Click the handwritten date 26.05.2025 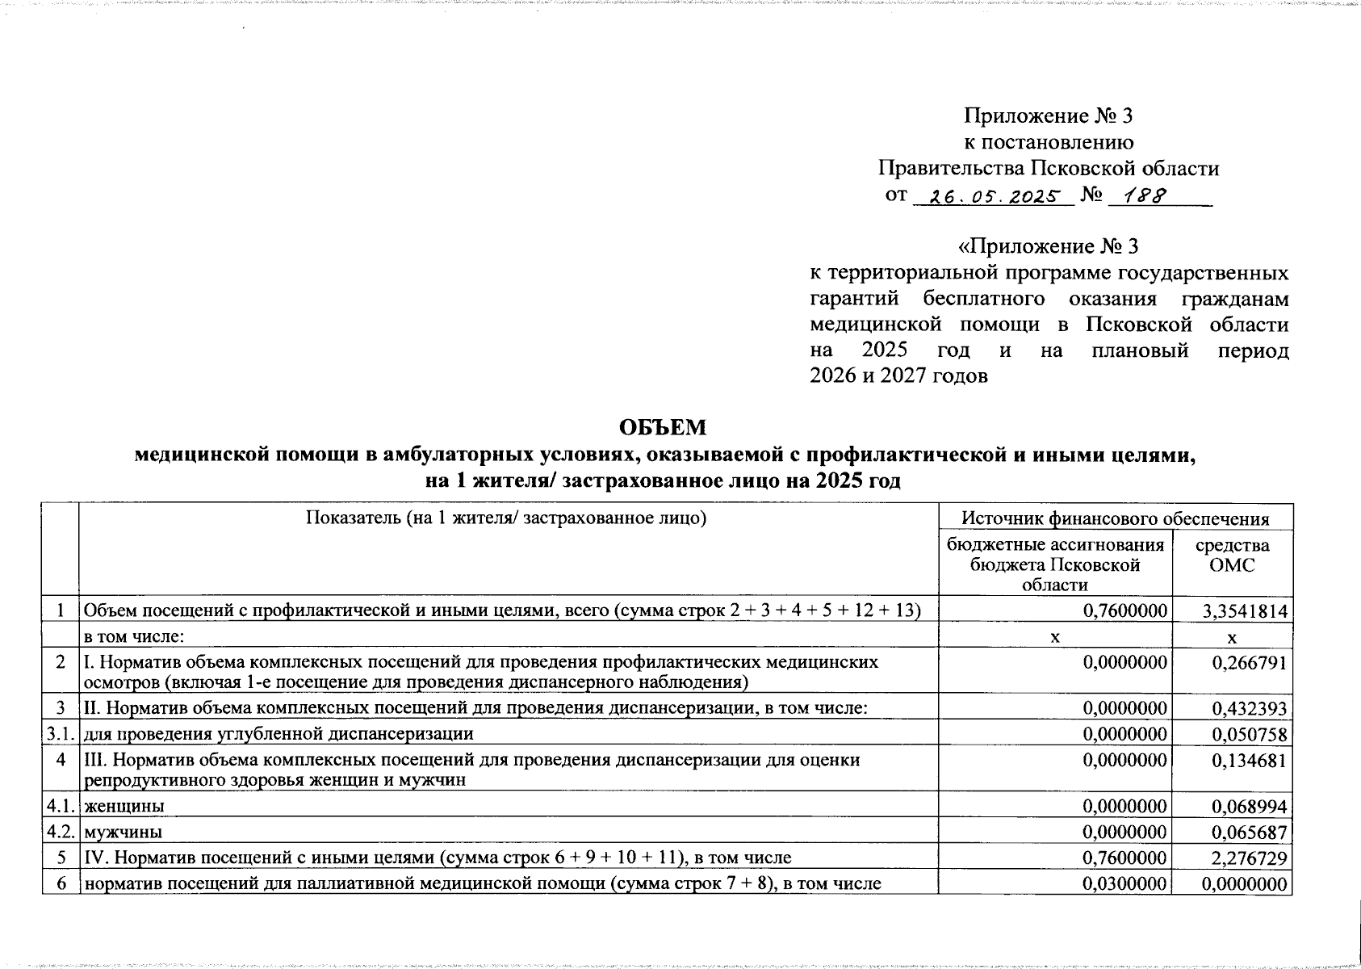995,196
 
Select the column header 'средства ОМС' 1232,556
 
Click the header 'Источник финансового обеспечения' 1116,518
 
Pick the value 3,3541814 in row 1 1244,611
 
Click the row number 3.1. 61,734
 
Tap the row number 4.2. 61,832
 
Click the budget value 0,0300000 1124,884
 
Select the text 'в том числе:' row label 135,637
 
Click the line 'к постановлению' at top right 1049,143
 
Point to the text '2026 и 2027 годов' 898,377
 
